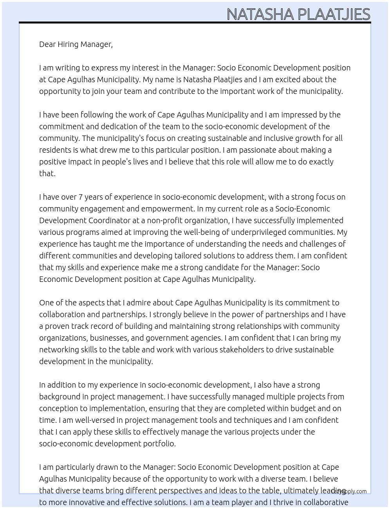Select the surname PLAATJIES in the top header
[334, 14]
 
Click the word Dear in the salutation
[47, 44]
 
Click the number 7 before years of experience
[81, 197]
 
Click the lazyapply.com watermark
[349, 491]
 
